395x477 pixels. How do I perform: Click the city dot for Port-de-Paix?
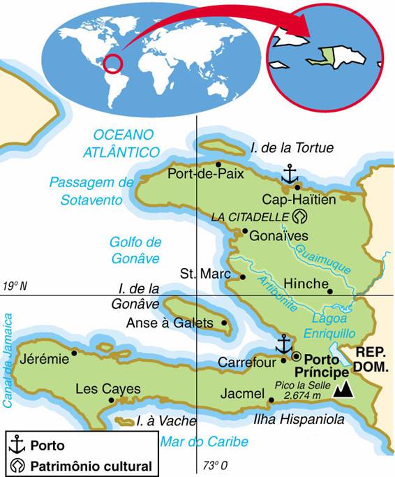[218, 165]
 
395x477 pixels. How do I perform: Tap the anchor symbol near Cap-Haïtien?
[289, 173]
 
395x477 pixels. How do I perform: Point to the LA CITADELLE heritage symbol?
[300, 217]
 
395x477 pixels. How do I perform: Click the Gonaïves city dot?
[245, 231]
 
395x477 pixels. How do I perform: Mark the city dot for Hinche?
[330, 291]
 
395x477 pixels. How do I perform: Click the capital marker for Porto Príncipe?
[297, 355]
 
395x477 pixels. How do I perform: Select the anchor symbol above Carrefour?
[283, 344]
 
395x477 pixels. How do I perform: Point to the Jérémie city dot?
[75, 352]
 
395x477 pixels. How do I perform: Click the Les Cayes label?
[107, 389]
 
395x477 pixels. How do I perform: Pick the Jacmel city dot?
[271, 400]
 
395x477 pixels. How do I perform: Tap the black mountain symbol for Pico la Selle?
[343, 390]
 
